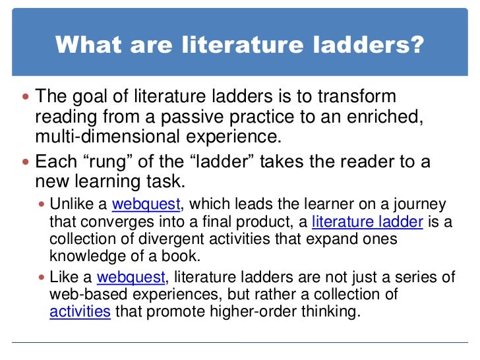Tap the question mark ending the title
point(417,45)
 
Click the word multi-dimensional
point(107,137)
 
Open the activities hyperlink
point(80,312)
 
